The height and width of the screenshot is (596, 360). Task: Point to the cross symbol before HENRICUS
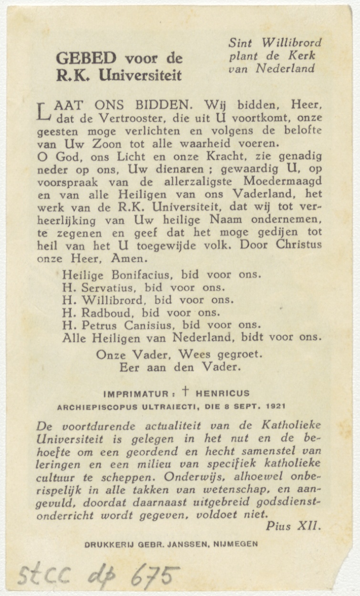coord(185,392)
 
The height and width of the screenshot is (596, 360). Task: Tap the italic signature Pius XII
coord(294,526)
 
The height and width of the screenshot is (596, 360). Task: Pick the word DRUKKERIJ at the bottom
coord(107,544)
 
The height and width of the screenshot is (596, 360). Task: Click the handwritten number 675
coord(154,575)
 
